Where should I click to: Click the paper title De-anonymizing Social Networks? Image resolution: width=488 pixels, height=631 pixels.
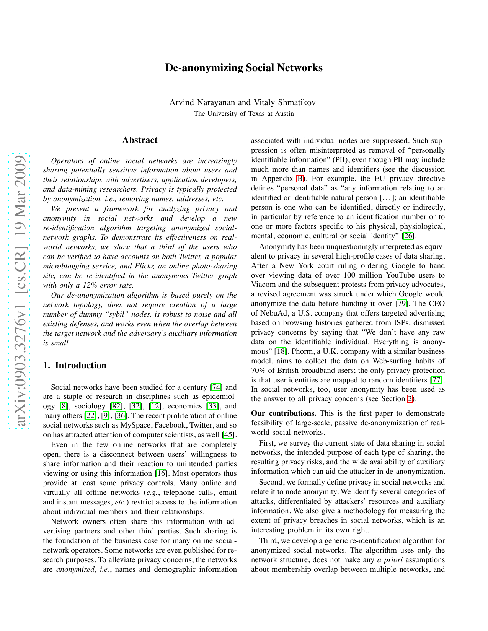[244, 68]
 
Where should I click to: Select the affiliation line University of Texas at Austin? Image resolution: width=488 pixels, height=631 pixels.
[244, 114]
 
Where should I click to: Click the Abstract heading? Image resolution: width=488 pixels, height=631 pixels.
[140, 140]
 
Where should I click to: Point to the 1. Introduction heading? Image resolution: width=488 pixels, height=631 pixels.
[75, 365]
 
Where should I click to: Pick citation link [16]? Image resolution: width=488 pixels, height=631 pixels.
[162, 473]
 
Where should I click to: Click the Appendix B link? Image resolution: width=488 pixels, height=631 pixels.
[300, 179]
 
